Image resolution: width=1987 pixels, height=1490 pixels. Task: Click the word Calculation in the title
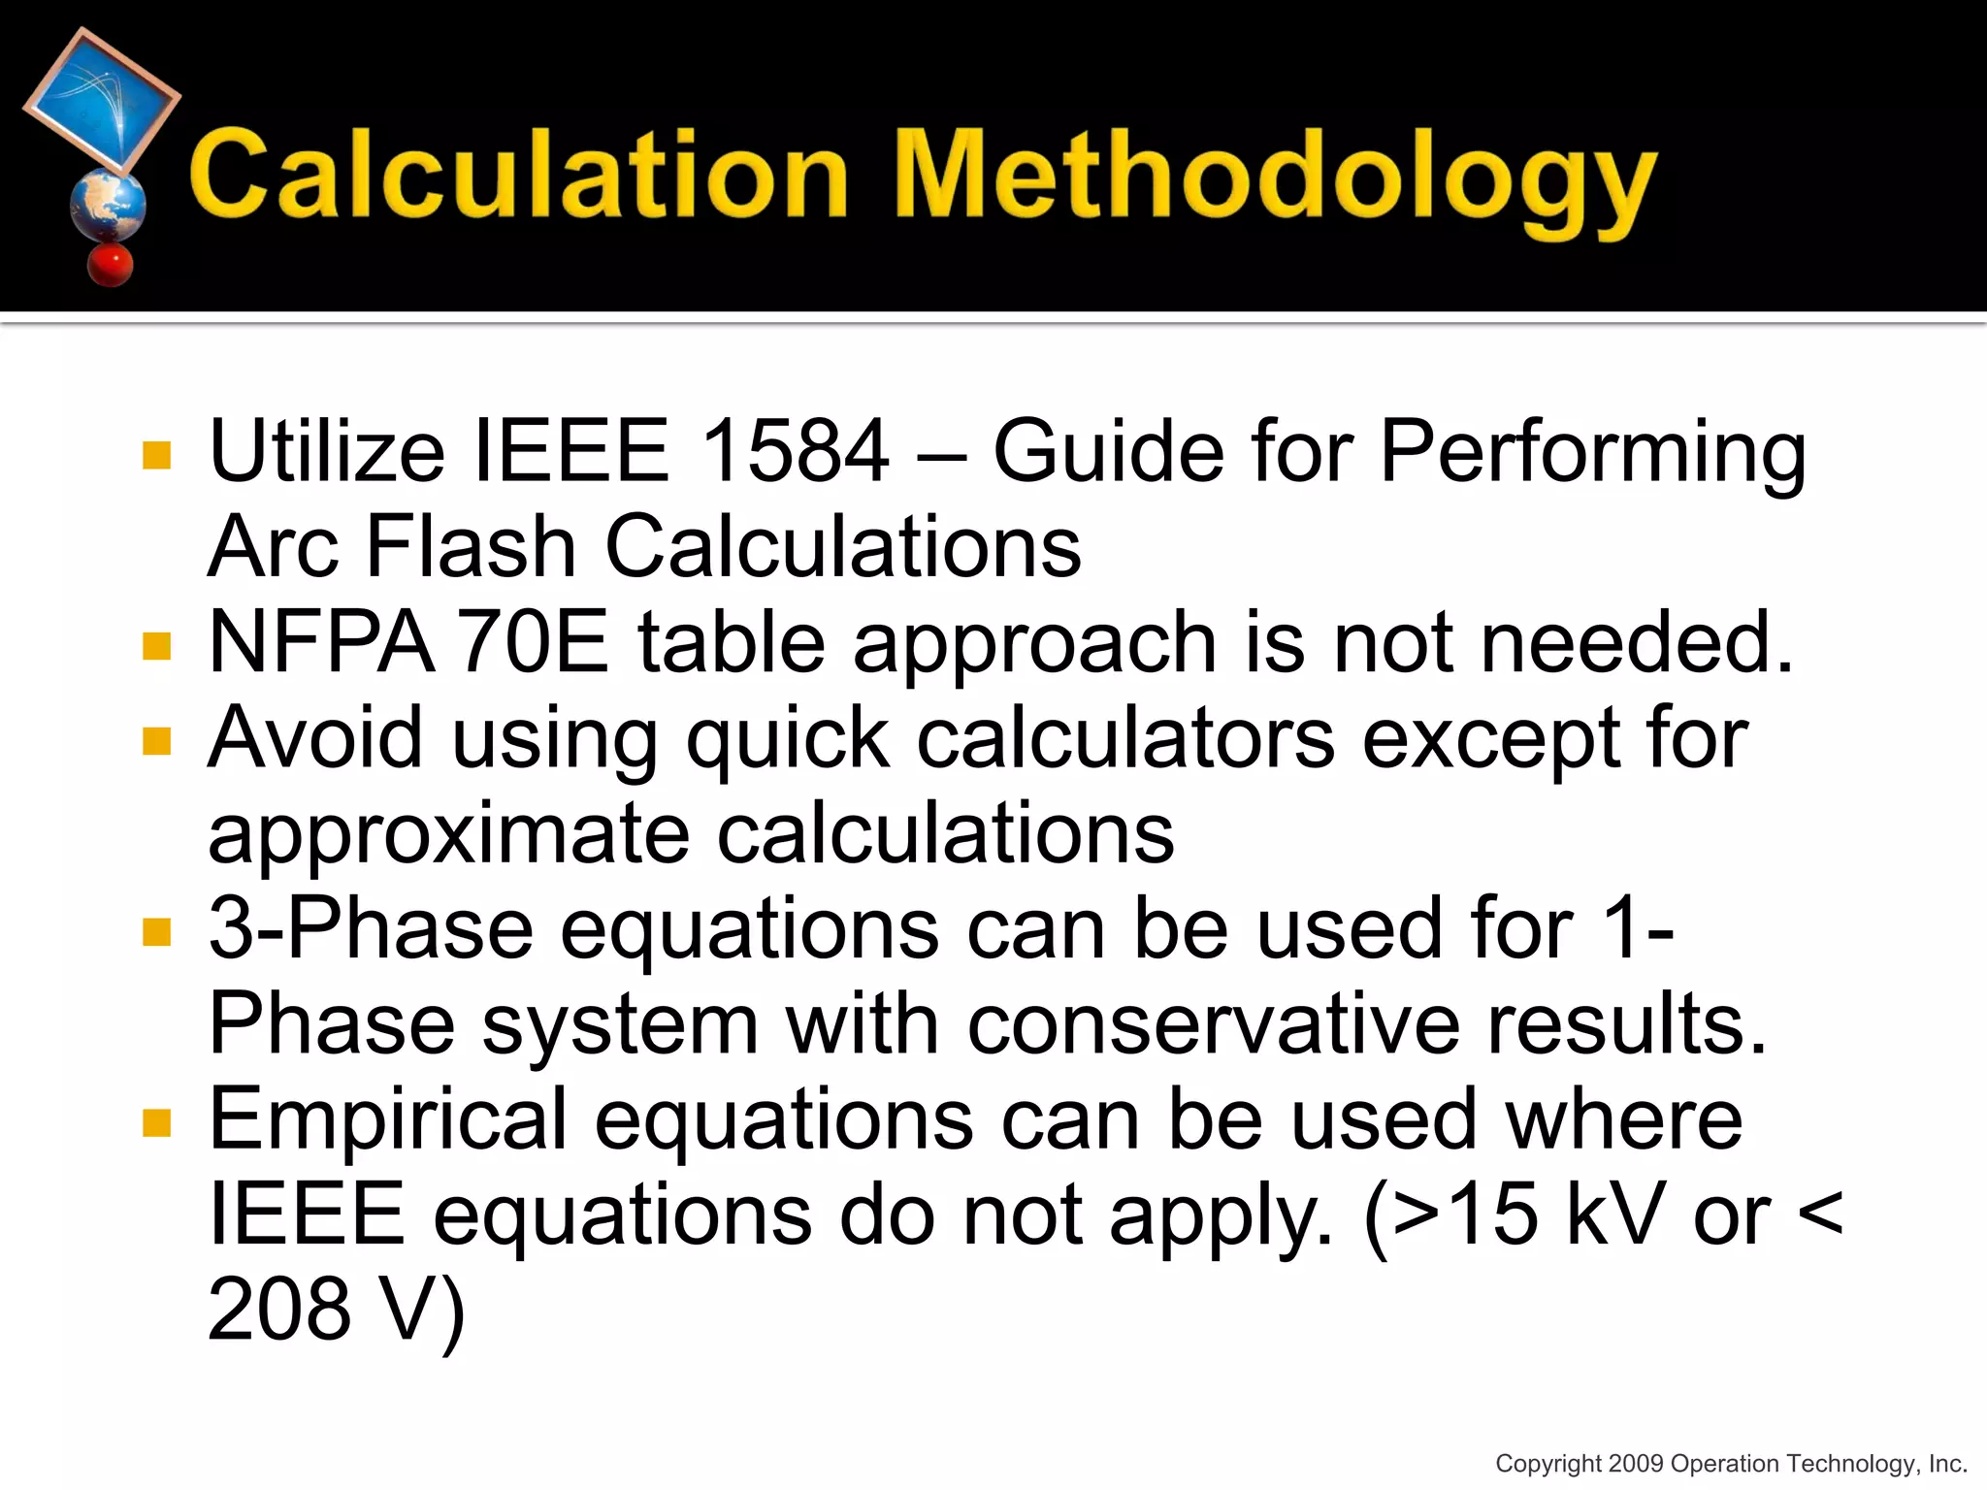519,175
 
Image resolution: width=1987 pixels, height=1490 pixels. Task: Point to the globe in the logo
108,205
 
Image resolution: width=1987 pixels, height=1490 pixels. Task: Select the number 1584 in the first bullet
794,451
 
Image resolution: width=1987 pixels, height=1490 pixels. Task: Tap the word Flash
472,546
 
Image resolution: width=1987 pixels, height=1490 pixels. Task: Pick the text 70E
534,642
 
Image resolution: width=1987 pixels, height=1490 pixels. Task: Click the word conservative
1213,1024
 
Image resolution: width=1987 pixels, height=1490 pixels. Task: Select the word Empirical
388,1119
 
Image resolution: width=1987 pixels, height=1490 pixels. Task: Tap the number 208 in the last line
279,1310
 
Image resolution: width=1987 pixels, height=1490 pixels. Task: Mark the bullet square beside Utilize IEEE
156,455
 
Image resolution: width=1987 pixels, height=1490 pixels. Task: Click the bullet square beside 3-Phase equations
156,932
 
